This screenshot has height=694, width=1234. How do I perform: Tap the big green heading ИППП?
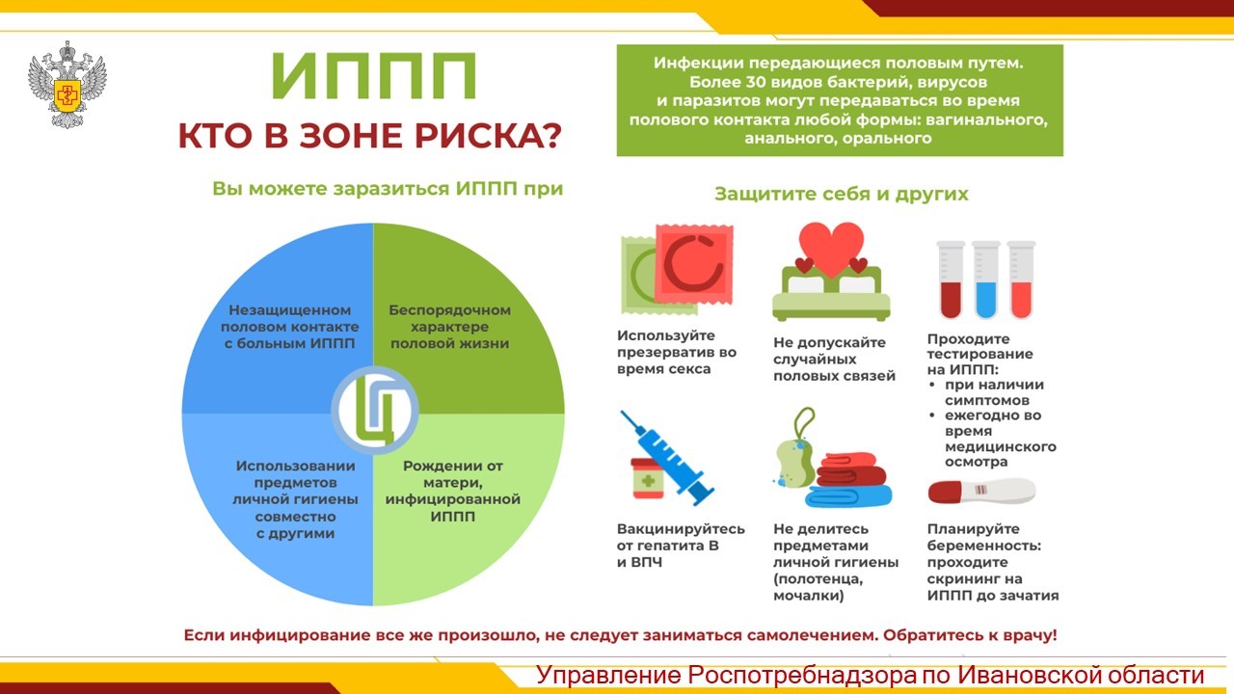[373, 76]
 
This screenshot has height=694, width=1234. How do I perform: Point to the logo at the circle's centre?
[375, 411]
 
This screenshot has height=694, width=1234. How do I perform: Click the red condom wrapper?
[694, 264]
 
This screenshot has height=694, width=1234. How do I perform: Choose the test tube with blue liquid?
[985, 280]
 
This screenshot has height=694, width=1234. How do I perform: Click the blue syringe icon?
[666, 458]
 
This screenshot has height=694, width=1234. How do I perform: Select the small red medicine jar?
[648, 478]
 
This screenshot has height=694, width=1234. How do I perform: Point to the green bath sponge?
[794, 464]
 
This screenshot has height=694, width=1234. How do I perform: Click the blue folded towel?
[848, 496]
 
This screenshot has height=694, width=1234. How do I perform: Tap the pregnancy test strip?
[981, 491]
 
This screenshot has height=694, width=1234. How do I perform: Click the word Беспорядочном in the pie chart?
[449, 310]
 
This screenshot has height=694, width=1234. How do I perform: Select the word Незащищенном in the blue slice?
[290, 310]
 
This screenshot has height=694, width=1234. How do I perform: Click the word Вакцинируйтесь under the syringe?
[681, 529]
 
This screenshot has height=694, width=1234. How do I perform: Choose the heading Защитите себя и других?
[842, 194]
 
